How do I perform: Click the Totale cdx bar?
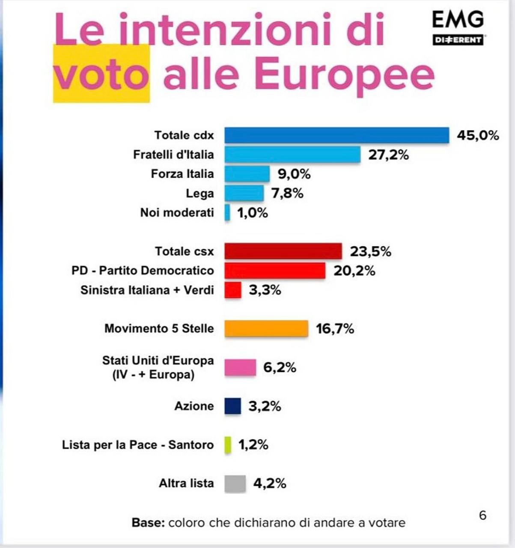336,135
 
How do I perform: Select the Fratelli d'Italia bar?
292,155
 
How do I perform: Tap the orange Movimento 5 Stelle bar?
266,328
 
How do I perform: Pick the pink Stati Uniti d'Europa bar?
240,367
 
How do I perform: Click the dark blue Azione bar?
233,406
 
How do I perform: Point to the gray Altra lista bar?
235,483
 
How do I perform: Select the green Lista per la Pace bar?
228,445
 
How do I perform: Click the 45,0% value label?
478,136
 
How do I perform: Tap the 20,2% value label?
354,271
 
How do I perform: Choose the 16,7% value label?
335,329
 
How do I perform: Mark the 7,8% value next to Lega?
287,194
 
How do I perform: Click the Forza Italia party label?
182,174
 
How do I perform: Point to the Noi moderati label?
177,212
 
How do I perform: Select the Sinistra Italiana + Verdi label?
147,290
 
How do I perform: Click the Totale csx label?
184,251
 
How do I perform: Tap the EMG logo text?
458,19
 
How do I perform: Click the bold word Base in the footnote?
147,523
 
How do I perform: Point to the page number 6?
482,515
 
